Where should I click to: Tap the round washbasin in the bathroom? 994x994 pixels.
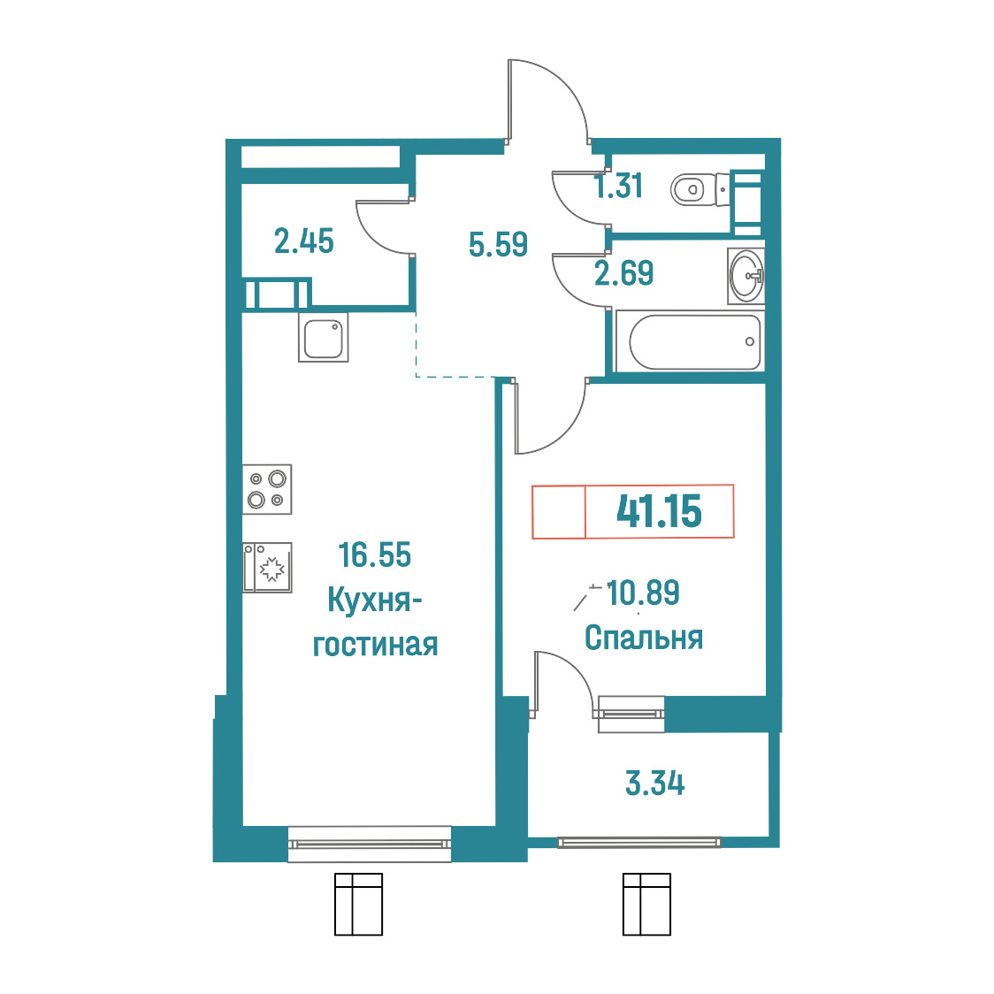746,276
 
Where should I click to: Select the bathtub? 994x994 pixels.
694,341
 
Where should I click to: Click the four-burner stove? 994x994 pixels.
267,489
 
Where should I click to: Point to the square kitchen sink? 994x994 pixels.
324,338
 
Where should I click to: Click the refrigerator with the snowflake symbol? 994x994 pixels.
267,568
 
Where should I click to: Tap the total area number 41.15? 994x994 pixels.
659,511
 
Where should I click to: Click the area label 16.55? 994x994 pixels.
375,554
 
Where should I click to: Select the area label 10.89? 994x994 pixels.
643,593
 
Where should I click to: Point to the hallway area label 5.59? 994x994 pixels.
498,244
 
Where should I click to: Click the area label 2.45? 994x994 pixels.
303,241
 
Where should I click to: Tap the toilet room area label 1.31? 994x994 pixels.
618,186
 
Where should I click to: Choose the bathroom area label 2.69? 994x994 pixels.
623,273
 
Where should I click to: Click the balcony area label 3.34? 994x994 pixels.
654,784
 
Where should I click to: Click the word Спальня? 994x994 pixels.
644,638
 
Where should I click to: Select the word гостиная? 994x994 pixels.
375,645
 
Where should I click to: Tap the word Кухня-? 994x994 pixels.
375,600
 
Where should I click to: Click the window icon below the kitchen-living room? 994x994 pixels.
359,904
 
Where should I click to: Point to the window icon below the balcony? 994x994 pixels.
646,904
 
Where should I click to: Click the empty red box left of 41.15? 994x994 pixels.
559,511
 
